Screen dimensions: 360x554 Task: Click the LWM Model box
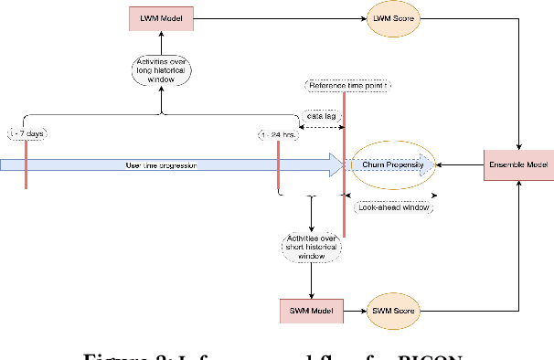click(161, 18)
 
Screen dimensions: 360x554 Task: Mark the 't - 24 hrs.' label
click(278, 133)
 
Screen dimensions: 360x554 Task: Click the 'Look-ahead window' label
click(392, 207)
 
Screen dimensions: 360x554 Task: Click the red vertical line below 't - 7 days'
click(27, 169)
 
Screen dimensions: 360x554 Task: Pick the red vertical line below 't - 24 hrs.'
click(278, 169)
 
